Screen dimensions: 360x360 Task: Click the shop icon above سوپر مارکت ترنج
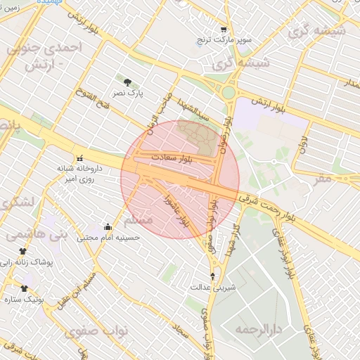224,30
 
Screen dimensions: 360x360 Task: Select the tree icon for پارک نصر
127,82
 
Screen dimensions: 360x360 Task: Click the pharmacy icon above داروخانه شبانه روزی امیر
79,157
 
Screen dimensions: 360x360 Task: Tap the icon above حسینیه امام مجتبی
108,226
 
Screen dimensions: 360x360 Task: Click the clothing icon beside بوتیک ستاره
25,288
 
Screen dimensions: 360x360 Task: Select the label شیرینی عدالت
214,288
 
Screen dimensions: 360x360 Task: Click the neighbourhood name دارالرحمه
258,329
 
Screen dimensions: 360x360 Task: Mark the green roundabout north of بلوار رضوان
228,92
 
